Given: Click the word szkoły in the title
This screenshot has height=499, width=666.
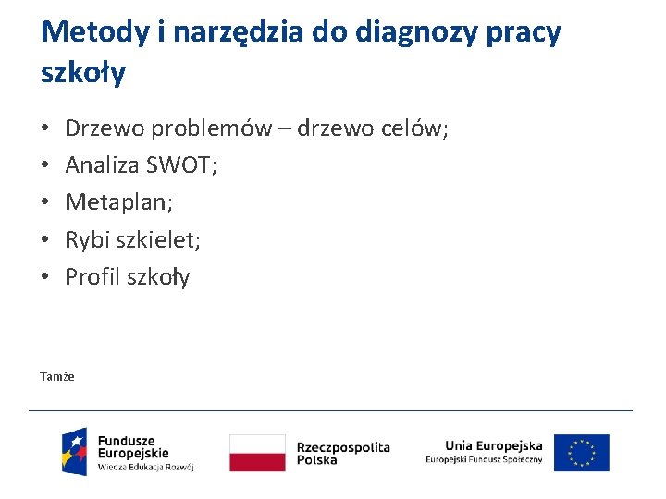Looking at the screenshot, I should click(83, 73).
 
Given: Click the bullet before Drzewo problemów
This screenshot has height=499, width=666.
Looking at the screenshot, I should click(45, 129).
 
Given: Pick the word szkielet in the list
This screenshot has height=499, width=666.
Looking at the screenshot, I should click(158, 240).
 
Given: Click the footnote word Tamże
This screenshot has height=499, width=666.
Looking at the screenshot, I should click(57, 377).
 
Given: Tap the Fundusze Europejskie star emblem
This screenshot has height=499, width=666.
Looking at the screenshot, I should click(75, 452).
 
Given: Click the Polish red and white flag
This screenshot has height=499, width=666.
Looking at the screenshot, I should click(257, 453).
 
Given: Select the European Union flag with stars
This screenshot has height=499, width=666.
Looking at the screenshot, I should click(582, 453).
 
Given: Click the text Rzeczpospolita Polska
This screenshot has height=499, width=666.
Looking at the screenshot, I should click(342, 453).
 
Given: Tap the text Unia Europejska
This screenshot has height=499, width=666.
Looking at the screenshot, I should click(493, 445).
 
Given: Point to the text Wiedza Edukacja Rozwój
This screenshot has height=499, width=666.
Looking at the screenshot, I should click(145, 468).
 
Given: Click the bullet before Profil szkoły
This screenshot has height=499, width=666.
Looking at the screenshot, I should click(45, 277).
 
